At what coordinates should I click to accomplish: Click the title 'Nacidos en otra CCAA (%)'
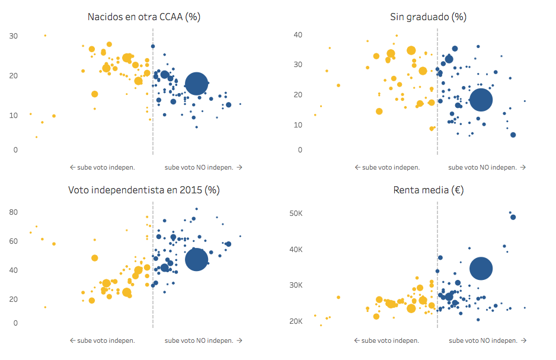tap(143, 17)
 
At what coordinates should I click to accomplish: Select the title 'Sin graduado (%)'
tap(428, 17)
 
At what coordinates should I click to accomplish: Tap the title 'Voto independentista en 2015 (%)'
tap(143, 190)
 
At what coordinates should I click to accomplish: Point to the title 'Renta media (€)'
tap(428, 190)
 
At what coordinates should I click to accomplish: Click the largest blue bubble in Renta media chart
tap(481, 268)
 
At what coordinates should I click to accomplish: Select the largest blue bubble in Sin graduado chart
tap(481, 100)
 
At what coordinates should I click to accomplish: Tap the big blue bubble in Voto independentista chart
tap(196, 259)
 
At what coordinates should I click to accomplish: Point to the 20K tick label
tap(296, 321)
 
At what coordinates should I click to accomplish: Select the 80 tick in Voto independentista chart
tap(13, 212)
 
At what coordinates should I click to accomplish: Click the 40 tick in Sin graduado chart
tap(298, 35)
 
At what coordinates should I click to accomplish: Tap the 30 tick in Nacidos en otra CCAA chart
tap(13, 36)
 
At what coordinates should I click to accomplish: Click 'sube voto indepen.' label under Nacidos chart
tap(102, 167)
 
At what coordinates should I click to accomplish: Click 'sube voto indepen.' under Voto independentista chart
tap(102, 340)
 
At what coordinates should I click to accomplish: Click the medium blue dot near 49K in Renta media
tap(513, 217)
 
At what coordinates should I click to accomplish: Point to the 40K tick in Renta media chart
tap(296, 249)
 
